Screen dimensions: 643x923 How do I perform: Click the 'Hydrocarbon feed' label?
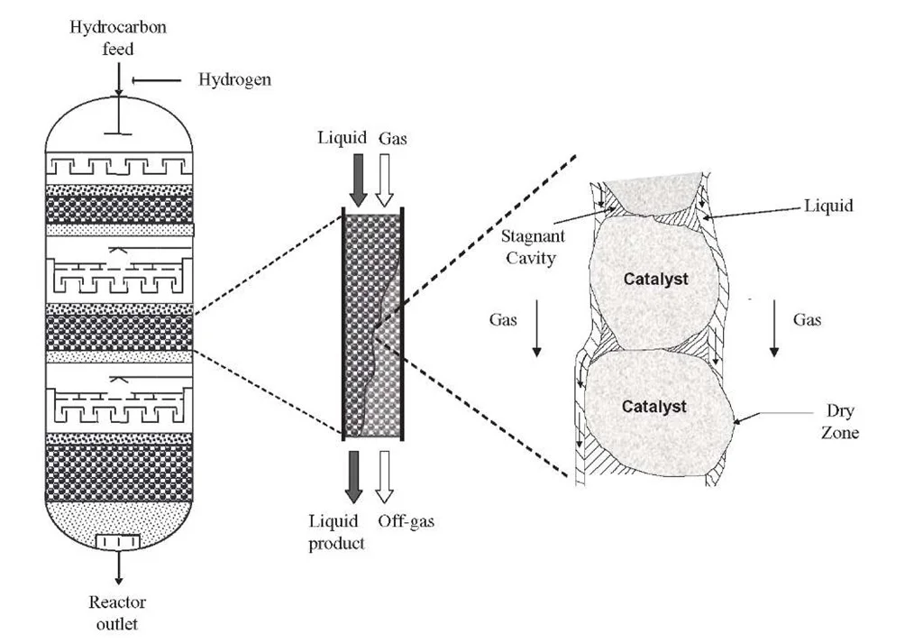[x=118, y=37]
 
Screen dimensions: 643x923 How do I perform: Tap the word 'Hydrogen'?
[x=234, y=80]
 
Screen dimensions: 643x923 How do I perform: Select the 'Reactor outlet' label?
[x=117, y=612]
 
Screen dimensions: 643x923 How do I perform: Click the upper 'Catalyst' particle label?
[x=655, y=280]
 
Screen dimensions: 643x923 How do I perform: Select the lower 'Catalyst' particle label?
[x=654, y=407]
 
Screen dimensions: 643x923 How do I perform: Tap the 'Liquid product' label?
[x=336, y=532]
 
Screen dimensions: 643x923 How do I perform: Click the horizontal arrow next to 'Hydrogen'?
[x=158, y=81]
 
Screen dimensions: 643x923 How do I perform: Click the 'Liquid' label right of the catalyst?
[x=827, y=207]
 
